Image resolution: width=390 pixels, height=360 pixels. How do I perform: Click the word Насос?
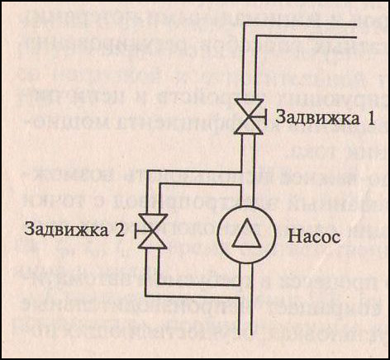click(x=314, y=236)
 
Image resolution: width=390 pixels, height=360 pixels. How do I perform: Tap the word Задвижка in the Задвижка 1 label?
click(x=317, y=118)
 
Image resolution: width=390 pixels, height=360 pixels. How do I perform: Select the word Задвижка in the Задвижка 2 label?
click(x=66, y=230)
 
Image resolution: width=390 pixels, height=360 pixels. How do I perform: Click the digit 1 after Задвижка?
click(x=370, y=118)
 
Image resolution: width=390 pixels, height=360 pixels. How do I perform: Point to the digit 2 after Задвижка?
click(x=120, y=230)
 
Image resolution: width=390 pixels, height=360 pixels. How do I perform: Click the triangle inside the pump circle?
click(x=246, y=233)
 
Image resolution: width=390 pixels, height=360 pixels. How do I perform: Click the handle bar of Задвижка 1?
click(x=265, y=116)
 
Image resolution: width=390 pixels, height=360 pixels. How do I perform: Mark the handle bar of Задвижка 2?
click(x=136, y=231)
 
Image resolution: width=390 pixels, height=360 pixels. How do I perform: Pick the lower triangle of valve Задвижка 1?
click(x=249, y=126)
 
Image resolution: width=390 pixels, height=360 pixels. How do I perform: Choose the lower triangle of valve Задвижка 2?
click(x=153, y=240)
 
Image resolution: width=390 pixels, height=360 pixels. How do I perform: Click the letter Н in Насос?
click(x=293, y=237)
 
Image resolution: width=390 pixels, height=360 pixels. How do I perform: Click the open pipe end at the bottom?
click(x=245, y=334)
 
